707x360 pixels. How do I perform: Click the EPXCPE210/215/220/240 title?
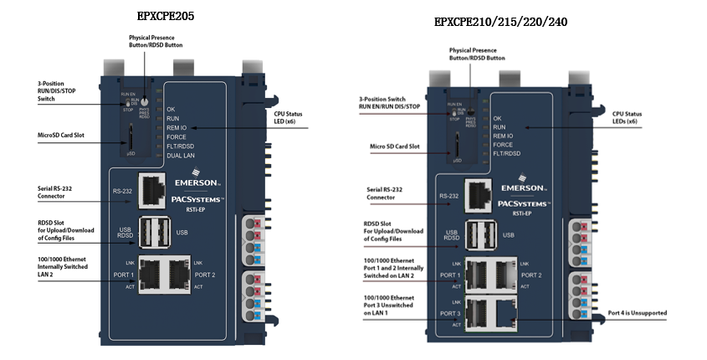click(500, 22)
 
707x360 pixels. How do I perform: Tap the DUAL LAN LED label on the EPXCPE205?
click(181, 155)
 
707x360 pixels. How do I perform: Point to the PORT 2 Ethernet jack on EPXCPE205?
click(177, 274)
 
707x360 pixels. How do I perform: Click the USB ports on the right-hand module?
click(478, 234)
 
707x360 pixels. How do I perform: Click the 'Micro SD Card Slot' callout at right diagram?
click(394, 147)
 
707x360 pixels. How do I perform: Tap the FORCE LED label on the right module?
click(503, 143)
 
